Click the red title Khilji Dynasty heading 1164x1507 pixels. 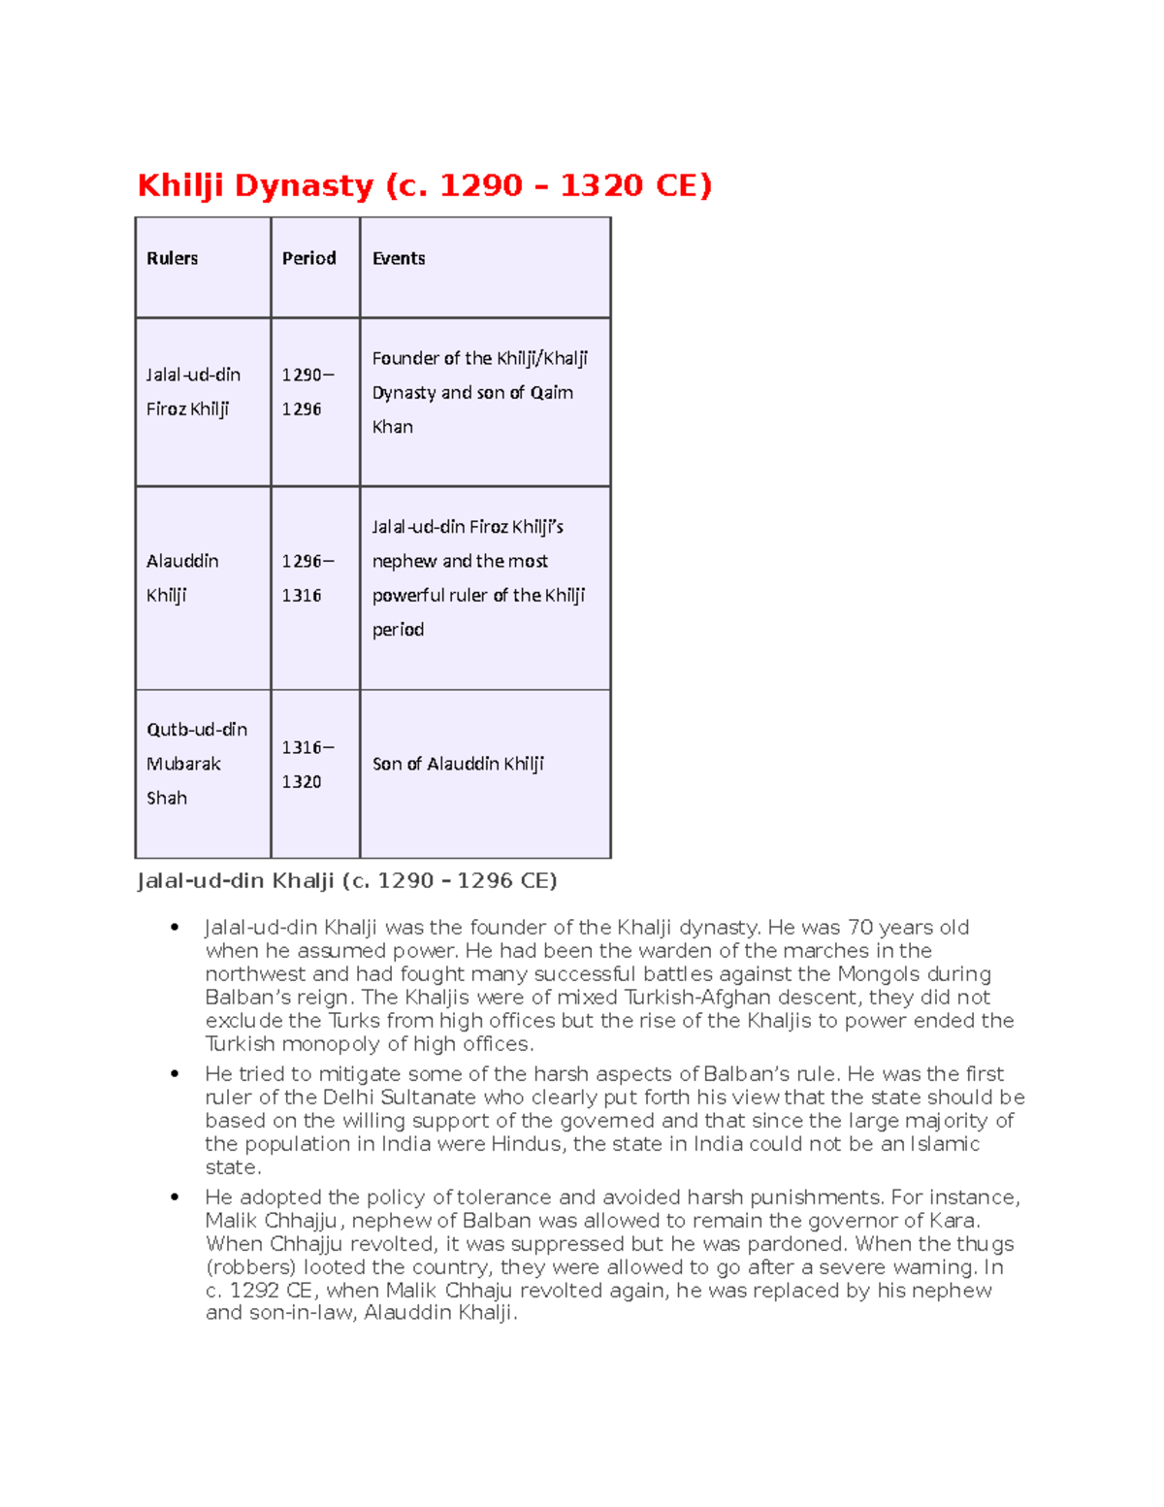(x=424, y=184)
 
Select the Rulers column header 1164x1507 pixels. (x=172, y=258)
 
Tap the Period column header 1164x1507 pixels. (x=308, y=258)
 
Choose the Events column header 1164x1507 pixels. (x=399, y=258)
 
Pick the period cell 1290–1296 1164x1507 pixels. (x=307, y=392)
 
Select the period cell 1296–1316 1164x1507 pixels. (x=307, y=578)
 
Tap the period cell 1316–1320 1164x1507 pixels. (x=307, y=765)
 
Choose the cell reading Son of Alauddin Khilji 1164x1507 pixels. (x=458, y=764)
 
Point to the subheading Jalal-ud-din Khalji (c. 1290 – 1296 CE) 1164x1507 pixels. (x=346, y=881)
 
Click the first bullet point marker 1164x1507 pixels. (x=175, y=928)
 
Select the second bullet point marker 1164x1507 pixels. (x=175, y=1074)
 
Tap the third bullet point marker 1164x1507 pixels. (x=175, y=1197)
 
